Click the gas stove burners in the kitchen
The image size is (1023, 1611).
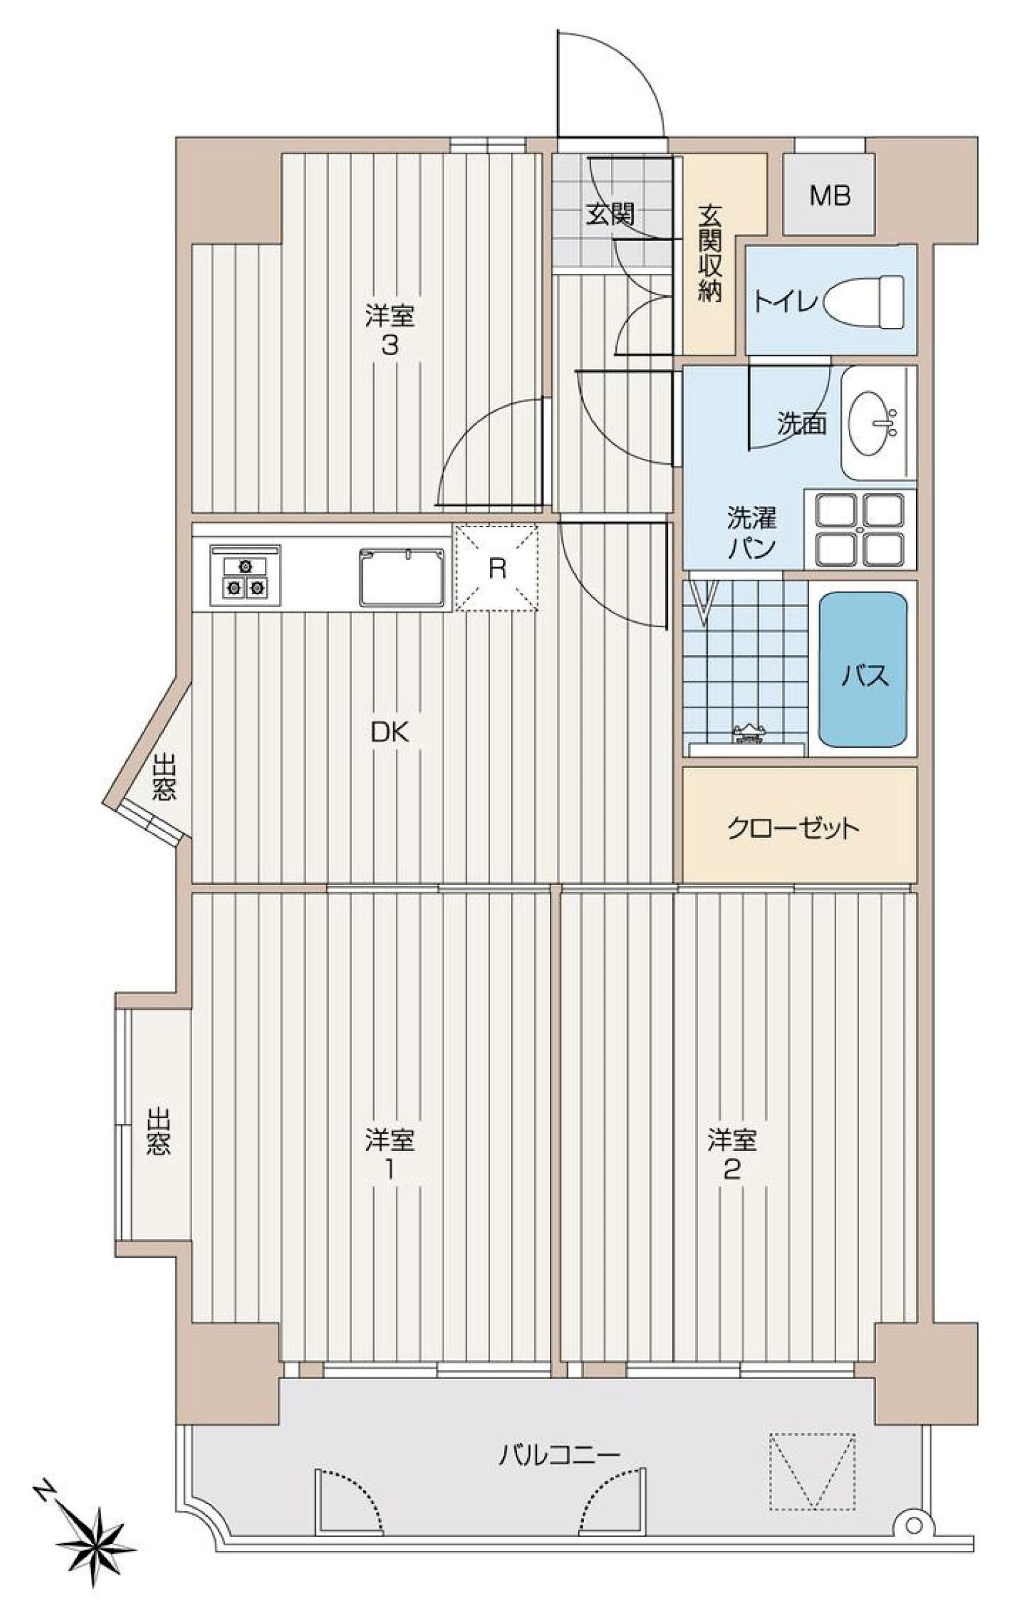pyautogui.click(x=245, y=577)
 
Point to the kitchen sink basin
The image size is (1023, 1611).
pyautogui.click(x=402, y=577)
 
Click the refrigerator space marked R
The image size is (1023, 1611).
pyautogui.click(x=496, y=568)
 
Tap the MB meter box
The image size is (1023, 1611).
pyautogui.click(x=829, y=195)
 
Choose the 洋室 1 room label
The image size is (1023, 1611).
pyautogui.click(x=390, y=1155)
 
